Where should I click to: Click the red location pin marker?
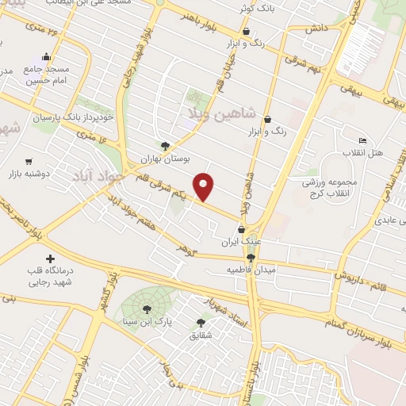[205, 186]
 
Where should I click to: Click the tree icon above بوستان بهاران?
[165, 146]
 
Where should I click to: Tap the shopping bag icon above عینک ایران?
[241, 230]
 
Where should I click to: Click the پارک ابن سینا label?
[146, 323]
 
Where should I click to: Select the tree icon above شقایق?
[200, 323]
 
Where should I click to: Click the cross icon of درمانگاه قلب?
[52, 259]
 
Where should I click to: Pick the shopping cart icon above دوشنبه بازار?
[29, 160]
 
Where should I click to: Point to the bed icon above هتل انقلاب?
[362, 140]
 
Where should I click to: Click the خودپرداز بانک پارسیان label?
[75, 117]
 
